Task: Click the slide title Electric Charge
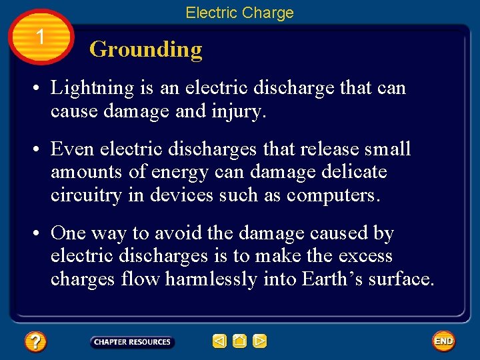tap(239, 13)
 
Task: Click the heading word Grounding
tap(145, 49)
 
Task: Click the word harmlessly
tap(211, 279)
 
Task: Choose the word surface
tap(401, 279)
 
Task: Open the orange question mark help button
tap(35, 342)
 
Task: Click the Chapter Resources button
tap(132, 342)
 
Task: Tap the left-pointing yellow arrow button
tap(219, 341)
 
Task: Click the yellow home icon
tap(240, 341)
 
